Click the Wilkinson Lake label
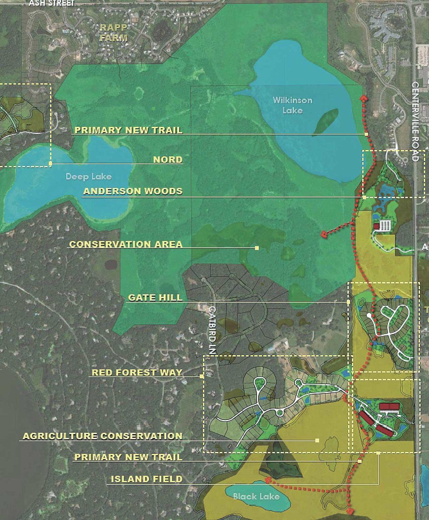click(292, 105)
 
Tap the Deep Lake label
click(89, 177)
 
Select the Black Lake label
click(256, 496)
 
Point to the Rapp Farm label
click(114, 33)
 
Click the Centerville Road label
click(415, 121)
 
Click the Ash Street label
click(52, 3)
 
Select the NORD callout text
click(168, 160)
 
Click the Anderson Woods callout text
click(133, 191)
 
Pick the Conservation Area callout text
click(126, 244)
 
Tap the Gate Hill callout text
click(155, 298)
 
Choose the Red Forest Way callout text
click(137, 372)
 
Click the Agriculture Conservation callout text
click(102, 436)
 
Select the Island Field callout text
click(146, 479)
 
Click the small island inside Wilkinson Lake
click(325, 122)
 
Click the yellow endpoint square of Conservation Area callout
click(257, 248)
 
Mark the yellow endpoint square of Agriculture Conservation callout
click(317, 440)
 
